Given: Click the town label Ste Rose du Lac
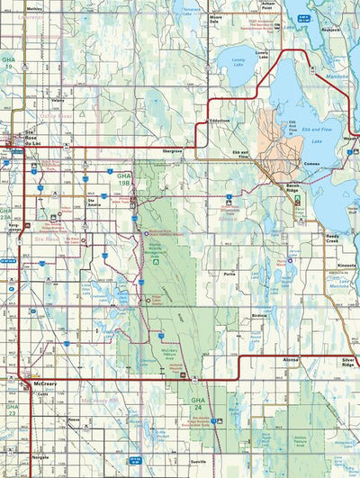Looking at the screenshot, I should coord(23,143).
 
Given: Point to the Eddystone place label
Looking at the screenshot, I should coord(219,120).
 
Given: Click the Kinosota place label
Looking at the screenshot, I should coord(346,267).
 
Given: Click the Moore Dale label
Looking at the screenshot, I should coord(216,18).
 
